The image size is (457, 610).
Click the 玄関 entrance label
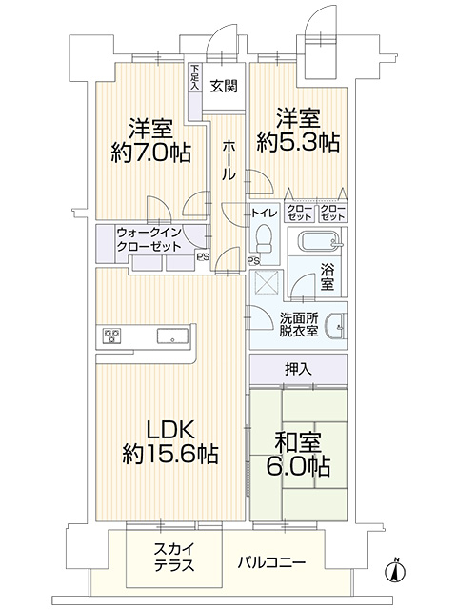point(224,86)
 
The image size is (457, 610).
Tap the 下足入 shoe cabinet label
point(194,77)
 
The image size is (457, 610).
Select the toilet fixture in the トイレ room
point(265,238)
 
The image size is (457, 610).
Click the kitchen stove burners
point(111,335)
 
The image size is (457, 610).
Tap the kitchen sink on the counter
point(172,336)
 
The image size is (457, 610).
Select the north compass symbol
point(395,570)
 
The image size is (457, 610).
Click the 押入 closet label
point(298,369)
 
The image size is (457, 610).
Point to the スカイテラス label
point(174,557)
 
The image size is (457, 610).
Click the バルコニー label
point(272,562)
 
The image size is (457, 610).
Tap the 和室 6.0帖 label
point(298,455)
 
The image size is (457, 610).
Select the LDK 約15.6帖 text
point(170,442)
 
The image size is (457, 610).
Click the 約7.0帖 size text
point(150,152)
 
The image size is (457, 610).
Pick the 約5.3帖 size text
point(298,143)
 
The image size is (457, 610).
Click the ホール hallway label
point(228,161)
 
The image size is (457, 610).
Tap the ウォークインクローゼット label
point(149,239)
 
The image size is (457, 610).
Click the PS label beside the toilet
point(254,260)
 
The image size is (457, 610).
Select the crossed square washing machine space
point(267,283)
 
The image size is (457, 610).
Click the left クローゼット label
point(300,213)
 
